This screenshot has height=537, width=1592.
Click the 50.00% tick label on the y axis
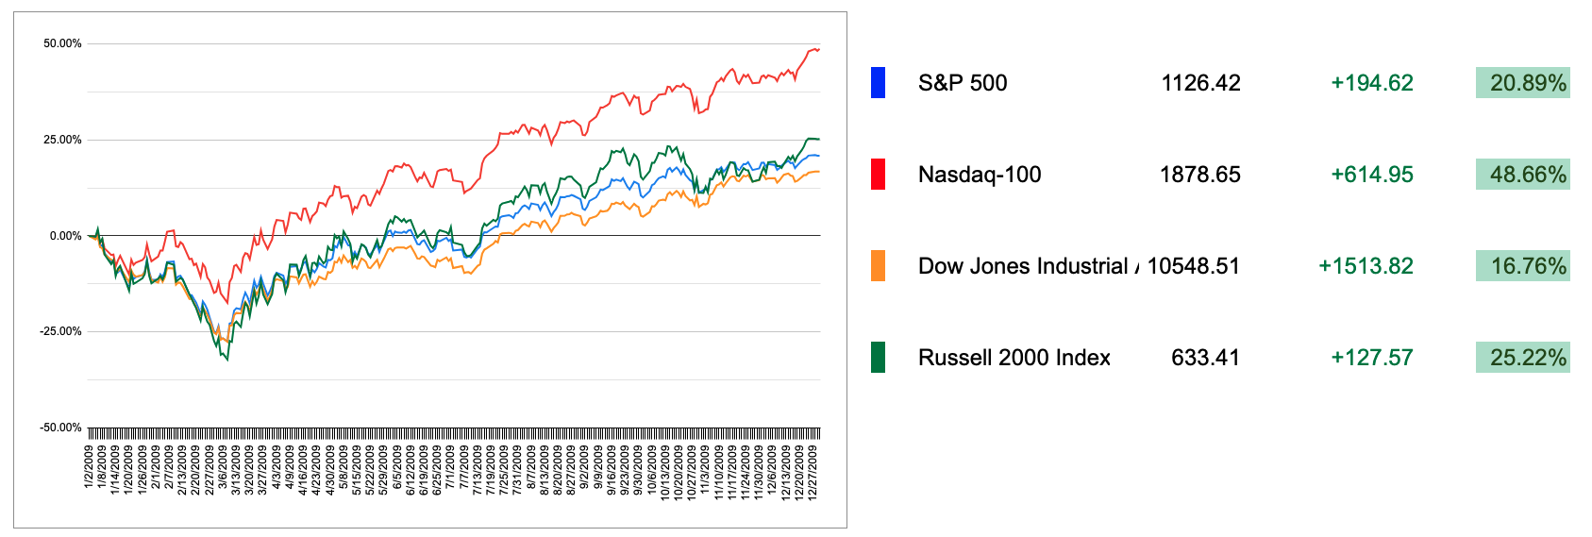coord(62,43)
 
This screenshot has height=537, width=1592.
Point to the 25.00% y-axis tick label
coord(62,140)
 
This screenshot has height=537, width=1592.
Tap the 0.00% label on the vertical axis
coord(65,236)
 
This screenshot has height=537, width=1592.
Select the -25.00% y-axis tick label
coord(60,331)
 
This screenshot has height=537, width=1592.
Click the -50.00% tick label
coord(60,428)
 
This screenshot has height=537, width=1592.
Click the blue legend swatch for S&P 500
coord(878,83)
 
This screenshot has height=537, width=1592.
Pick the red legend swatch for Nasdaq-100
coord(878,175)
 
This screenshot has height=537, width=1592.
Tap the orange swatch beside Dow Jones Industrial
coord(878,266)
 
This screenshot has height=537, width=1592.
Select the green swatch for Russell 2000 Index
coord(878,358)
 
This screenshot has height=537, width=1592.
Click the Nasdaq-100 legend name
coord(980,175)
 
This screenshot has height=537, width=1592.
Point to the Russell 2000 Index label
coord(1014,358)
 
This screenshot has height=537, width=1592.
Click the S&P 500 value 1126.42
coord(1200,83)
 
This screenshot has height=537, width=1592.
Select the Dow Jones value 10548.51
coord(1193,266)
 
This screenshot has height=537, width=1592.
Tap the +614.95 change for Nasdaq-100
coord(1371,175)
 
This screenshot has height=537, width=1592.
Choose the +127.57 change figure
coord(1371,358)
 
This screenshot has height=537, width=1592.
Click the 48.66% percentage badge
coord(1523,175)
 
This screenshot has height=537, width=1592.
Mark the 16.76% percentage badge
coord(1523,266)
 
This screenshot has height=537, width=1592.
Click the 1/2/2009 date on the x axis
coord(89,469)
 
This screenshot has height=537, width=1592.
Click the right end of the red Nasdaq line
coord(819,49)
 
